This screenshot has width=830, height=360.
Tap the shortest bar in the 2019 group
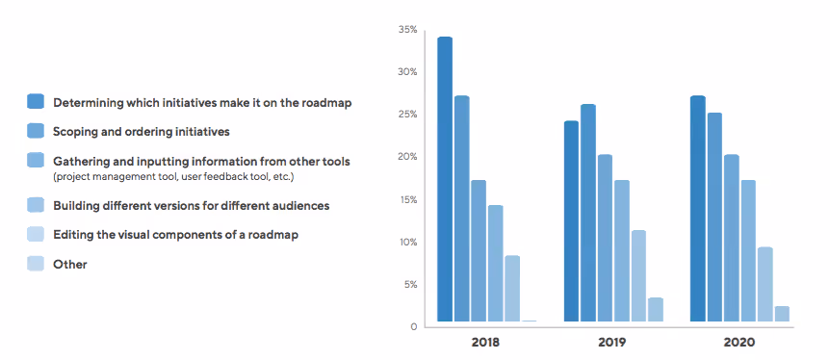(x=655, y=309)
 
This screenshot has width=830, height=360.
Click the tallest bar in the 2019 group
(x=588, y=213)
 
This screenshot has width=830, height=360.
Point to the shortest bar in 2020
(x=782, y=313)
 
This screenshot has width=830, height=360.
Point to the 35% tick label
(x=407, y=30)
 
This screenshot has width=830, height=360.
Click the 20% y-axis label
(x=407, y=157)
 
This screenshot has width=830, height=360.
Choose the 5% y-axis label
(x=409, y=284)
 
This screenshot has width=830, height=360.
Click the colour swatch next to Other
(x=36, y=264)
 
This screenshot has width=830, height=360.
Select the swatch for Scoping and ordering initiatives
(x=36, y=129)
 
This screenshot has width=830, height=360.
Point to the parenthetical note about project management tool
(x=173, y=177)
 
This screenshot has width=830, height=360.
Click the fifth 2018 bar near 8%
(x=512, y=288)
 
